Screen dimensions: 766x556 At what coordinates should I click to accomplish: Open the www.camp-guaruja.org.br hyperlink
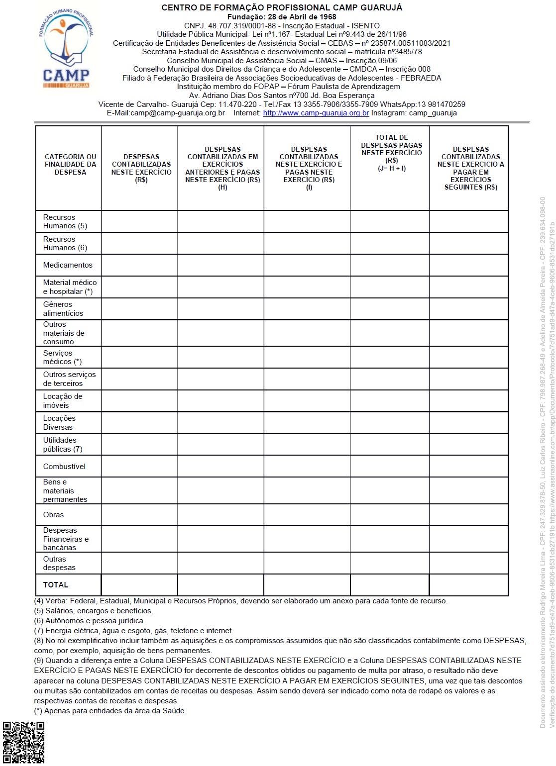point(316,113)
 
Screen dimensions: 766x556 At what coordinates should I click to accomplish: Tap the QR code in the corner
point(23,742)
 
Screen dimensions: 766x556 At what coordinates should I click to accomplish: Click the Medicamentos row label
point(68,265)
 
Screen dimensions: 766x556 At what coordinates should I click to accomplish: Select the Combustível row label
point(64,467)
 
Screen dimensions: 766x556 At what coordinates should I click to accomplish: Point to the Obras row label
point(53,515)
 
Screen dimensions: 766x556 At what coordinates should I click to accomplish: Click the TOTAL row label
point(56,585)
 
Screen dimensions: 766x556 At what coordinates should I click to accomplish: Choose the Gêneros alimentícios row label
point(63,309)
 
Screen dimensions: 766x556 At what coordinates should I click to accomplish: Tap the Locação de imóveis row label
point(63,401)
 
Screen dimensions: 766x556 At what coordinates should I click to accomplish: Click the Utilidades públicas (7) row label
point(63,445)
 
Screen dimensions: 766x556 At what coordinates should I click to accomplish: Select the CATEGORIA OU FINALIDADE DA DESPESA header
point(70,165)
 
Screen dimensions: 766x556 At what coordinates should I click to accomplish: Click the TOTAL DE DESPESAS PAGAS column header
point(391,153)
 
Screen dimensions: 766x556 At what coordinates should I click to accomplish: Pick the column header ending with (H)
point(222,168)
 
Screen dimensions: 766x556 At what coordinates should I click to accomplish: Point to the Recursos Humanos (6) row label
point(65,243)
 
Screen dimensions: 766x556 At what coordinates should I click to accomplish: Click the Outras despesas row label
point(59,563)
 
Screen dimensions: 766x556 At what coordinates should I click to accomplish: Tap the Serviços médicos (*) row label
point(62,357)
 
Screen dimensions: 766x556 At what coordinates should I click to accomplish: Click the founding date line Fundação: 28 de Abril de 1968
point(282,17)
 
